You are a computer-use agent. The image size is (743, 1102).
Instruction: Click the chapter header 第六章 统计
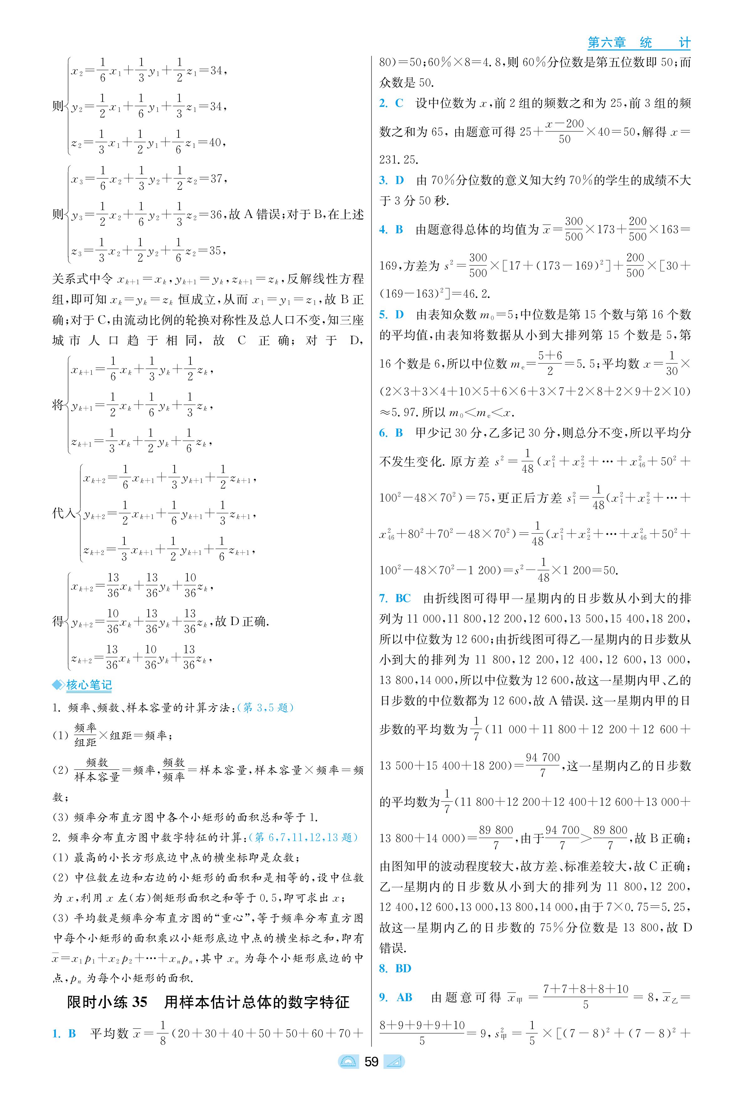pyautogui.click(x=638, y=43)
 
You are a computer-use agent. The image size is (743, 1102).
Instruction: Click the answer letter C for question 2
pyautogui.click(x=399, y=103)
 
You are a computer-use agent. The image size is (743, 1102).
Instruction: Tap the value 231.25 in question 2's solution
pyautogui.click(x=399, y=160)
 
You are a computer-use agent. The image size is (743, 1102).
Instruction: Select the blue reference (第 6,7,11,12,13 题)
pyautogui.click(x=303, y=837)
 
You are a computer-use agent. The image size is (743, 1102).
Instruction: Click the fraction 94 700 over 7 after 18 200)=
pyautogui.click(x=543, y=765)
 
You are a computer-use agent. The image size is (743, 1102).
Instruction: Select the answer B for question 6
pyautogui.click(x=399, y=433)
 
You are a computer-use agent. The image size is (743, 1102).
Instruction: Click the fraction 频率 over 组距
pyautogui.click(x=85, y=735)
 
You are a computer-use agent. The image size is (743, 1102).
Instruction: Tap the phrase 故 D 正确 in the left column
pyautogui.click(x=242, y=621)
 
